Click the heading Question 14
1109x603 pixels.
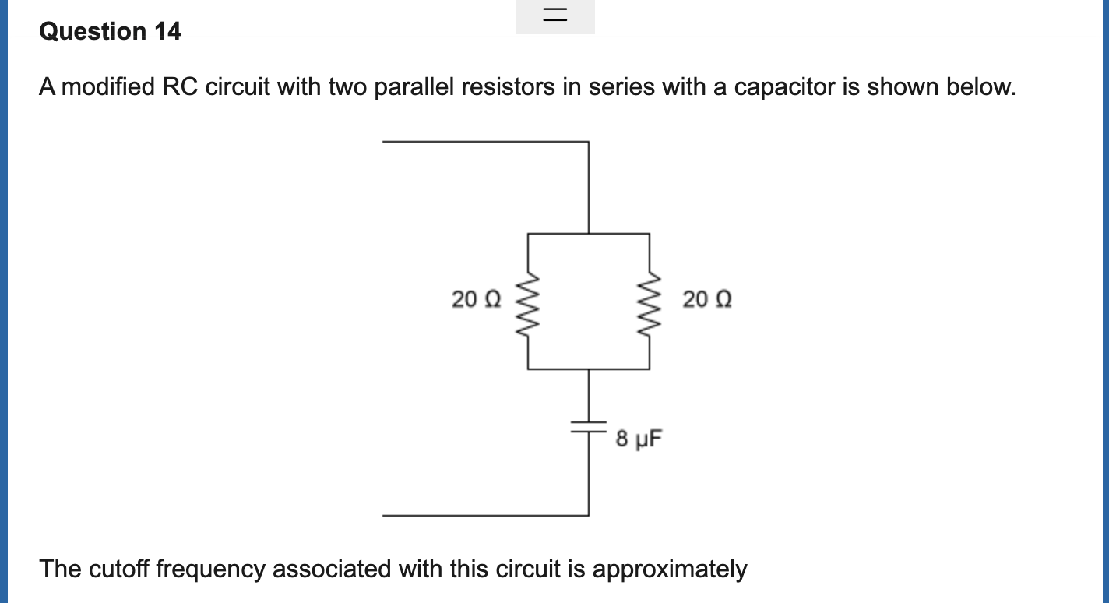(110, 32)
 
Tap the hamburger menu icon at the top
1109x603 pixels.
(555, 14)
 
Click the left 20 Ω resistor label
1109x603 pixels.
(476, 299)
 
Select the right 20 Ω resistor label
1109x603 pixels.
(707, 299)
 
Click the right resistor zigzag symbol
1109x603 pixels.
(650, 304)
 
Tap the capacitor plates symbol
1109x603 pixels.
(589, 427)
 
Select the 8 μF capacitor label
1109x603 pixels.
(639, 439)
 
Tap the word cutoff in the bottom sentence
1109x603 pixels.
(119, 569)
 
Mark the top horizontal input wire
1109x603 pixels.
(486, 142)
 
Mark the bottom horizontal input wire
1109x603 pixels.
(486, 516)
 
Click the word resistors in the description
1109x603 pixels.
(508, 87)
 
